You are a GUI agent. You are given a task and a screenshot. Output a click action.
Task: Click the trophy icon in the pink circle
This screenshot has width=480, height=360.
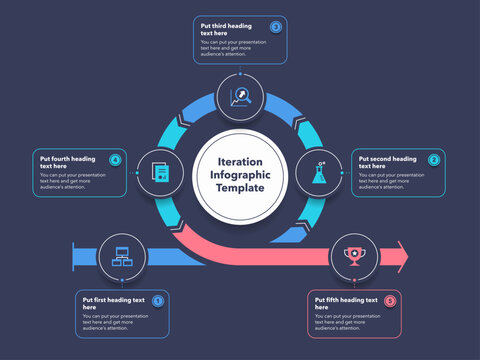pos(353,256)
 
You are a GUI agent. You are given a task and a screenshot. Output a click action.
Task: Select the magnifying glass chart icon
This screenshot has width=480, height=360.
pos(240,97)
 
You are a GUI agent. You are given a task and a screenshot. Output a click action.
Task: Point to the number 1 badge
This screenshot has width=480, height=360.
pos(157,301)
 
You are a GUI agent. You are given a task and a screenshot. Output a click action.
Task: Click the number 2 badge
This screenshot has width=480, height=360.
pos(434,159)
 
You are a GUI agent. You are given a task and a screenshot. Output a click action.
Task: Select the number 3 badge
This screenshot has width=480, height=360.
pos(276,27)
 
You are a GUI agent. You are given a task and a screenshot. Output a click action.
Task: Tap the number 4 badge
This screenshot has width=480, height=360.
pos(115,159)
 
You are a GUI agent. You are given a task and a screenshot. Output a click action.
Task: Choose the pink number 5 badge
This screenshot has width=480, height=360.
pos(390,301)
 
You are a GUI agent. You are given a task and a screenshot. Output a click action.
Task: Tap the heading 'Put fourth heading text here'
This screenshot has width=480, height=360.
pos(68,162)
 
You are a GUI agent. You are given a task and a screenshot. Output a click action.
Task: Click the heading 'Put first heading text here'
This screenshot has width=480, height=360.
pos(113,303)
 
